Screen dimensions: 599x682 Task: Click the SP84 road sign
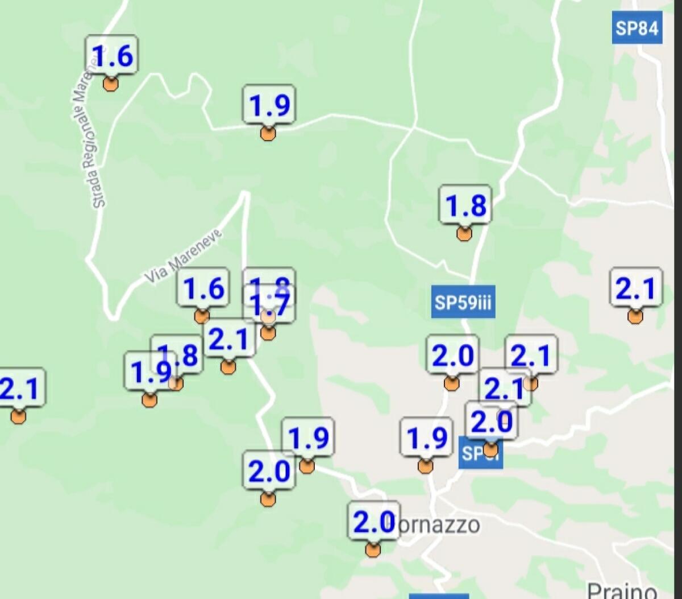tap(637, 27)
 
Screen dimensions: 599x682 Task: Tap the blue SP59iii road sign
tap(462, 302)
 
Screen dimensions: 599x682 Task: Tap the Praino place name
tap(622, 590)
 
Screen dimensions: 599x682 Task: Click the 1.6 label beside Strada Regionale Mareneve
tap(111, 55)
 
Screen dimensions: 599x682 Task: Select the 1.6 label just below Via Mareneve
tap(203, 288)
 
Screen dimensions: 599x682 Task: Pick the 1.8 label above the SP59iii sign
tap(465, 205)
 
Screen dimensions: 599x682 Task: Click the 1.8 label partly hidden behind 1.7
tap(269, 279)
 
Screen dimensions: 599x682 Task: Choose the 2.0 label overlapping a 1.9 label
tap(268, 471)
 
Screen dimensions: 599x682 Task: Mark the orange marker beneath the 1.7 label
tap(268, 333)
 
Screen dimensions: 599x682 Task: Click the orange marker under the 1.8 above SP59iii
tap(464, 233)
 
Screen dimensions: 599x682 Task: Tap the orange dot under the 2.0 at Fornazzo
tap(373, 550)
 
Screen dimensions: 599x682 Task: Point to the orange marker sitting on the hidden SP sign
tap(490, 451)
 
